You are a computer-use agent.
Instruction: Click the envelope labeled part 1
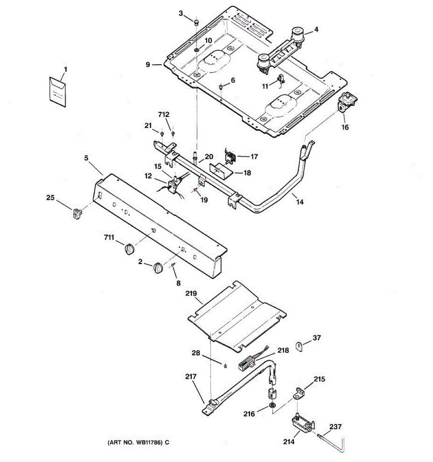click(57, 91)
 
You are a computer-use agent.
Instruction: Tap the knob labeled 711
click(130, 248)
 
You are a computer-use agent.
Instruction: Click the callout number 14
click(300, 202)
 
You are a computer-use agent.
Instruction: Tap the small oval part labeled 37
click(299, 346)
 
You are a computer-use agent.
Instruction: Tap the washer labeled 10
click(197, 50)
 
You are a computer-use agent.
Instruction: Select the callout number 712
click(164, 115)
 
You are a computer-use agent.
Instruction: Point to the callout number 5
click(86, 157)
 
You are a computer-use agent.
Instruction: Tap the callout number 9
click(148, 65)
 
